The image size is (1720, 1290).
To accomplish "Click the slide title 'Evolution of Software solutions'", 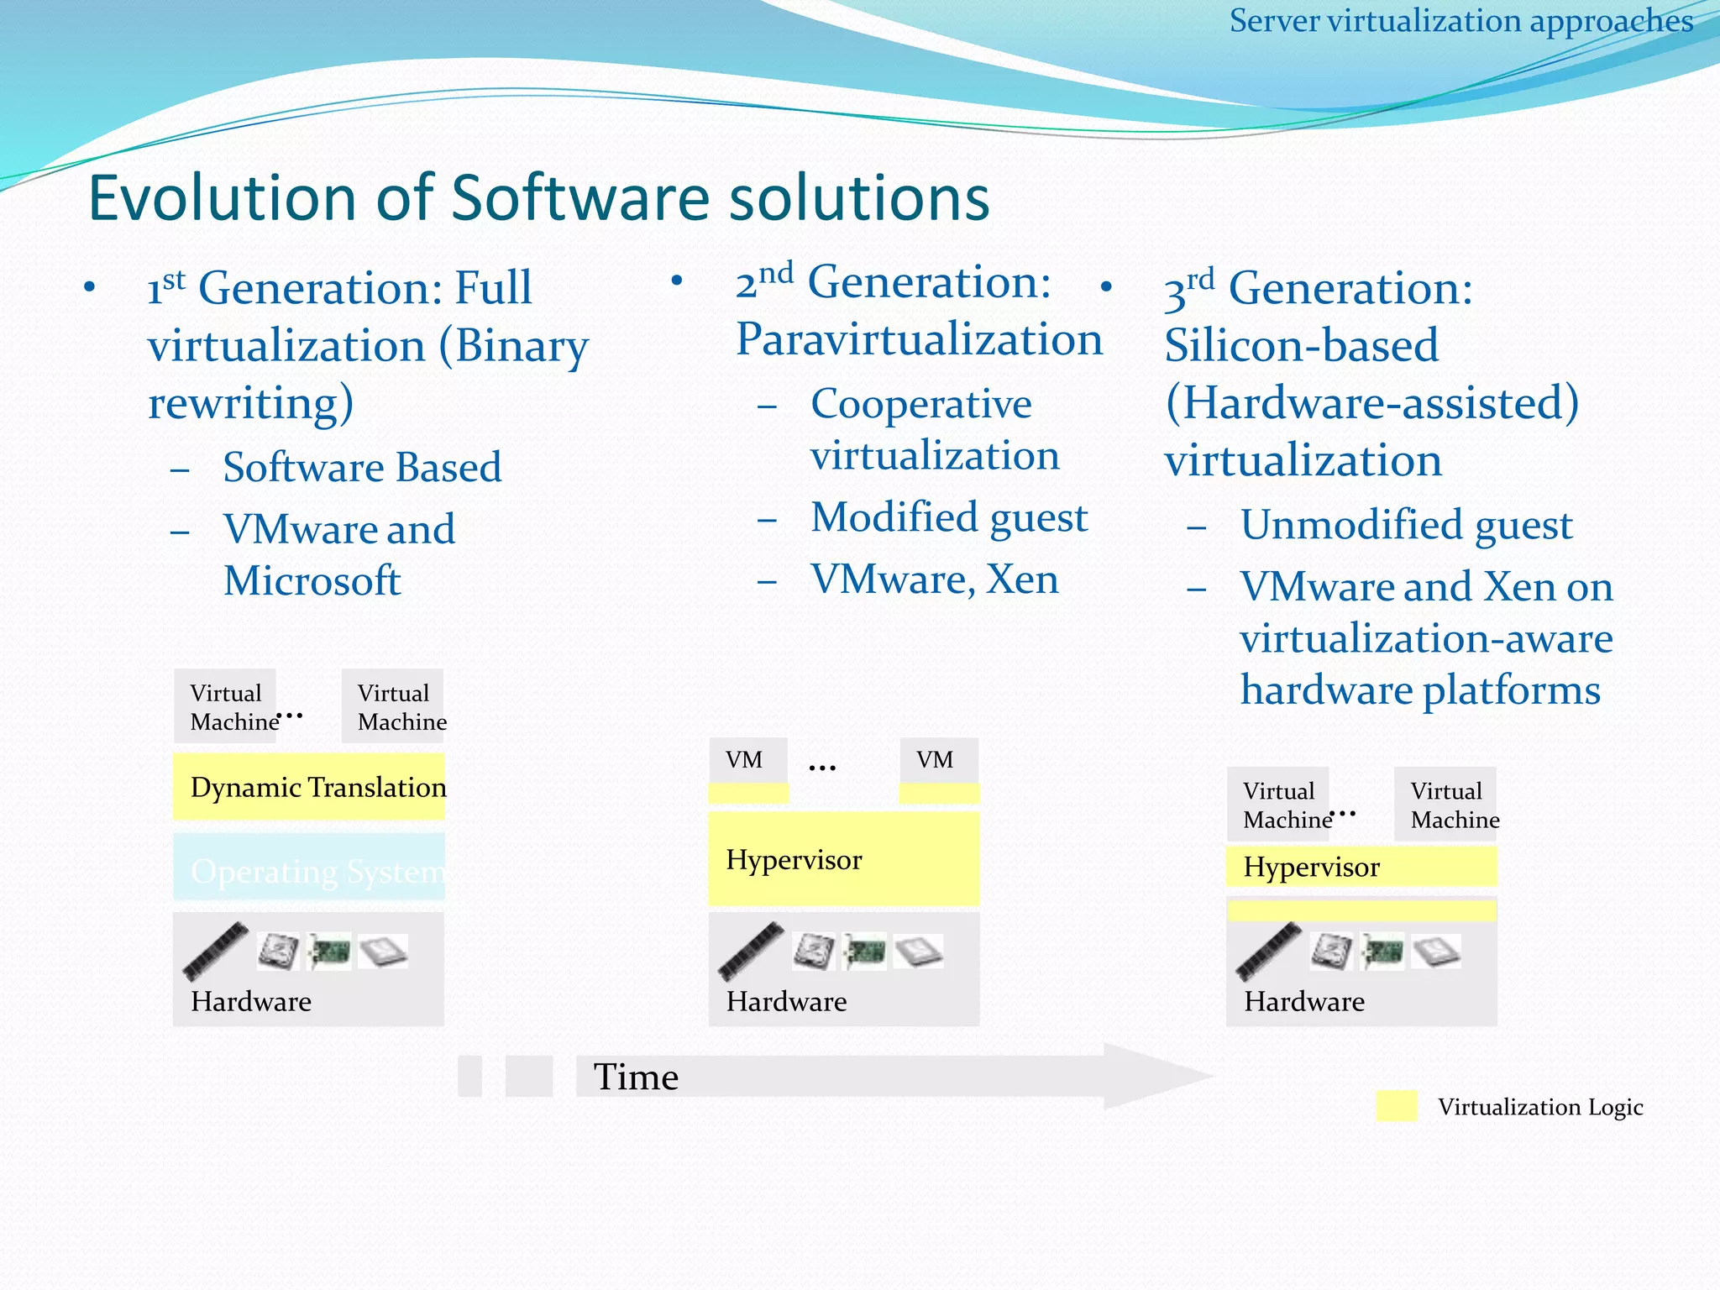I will coord(538,198).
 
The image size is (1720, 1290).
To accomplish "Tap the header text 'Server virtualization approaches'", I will coord(1460,21).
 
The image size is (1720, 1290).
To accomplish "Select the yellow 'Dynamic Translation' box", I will coord(308,787).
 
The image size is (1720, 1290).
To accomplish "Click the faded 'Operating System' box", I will coord(308,870).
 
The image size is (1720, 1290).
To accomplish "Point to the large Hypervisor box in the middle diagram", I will coord(843,859).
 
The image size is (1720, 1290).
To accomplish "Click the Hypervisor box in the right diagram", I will coord(1361,867).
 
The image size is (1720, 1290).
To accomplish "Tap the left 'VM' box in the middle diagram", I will coord(747,760).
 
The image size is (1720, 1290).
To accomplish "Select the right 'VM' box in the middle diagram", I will coord(938,760).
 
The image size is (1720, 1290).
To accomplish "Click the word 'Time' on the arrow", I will coord(636,1077).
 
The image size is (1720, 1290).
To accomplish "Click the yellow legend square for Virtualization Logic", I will coord(1397,1106).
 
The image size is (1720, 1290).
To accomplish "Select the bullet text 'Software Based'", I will coord(362,467).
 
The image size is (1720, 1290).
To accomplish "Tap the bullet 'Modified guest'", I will coord(949,517).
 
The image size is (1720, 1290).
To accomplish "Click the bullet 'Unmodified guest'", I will coord(1406,525).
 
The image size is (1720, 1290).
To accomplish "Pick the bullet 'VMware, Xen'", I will coord(934,579).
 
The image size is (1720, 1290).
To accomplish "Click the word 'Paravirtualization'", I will coord(919,339).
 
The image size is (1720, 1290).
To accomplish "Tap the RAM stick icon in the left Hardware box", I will coord(215,952).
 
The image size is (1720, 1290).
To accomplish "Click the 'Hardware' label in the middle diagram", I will coord(786,1001).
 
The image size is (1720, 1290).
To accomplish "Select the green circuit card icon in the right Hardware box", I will coord(1382,952).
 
